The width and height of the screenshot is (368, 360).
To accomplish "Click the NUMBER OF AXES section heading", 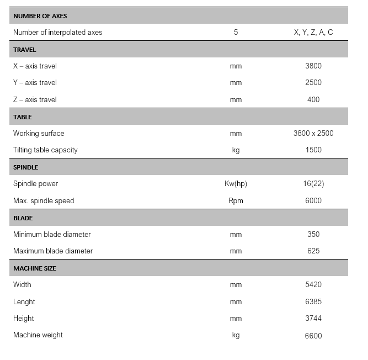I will coord(40,16).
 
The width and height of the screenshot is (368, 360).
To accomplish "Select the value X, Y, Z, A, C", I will coord(313,33).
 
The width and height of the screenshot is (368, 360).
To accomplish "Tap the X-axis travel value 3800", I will coord(313,66).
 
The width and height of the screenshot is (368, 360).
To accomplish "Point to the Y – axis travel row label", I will coord(35,83).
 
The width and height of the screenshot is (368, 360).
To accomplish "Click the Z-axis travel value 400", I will coord(313,100).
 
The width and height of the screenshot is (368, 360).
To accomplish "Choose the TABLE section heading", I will coord(23,117).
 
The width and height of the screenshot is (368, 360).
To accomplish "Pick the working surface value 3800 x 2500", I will coord(313,134).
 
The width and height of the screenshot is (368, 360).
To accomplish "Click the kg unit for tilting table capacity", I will coord(236,150).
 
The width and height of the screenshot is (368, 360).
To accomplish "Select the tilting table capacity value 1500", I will coord(313,150).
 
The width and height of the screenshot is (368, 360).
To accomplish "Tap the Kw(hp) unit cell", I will coord(236,184).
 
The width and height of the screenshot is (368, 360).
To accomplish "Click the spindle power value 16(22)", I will coord(313,184).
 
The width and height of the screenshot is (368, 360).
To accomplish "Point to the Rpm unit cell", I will coord(236,201).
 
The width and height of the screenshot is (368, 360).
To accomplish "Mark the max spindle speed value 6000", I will coord(313,201).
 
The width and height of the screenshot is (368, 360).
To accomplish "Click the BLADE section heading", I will coord(23,218).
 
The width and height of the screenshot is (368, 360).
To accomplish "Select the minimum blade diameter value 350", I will coord(313,235).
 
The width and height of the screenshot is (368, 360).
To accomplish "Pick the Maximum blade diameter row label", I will coord(53,251).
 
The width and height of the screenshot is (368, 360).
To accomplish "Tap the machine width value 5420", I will coord(313,285).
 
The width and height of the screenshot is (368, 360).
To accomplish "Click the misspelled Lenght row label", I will coord(24,302).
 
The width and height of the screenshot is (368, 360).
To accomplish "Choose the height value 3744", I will coord(313,319).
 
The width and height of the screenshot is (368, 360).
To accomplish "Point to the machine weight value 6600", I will coord(313,336).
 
